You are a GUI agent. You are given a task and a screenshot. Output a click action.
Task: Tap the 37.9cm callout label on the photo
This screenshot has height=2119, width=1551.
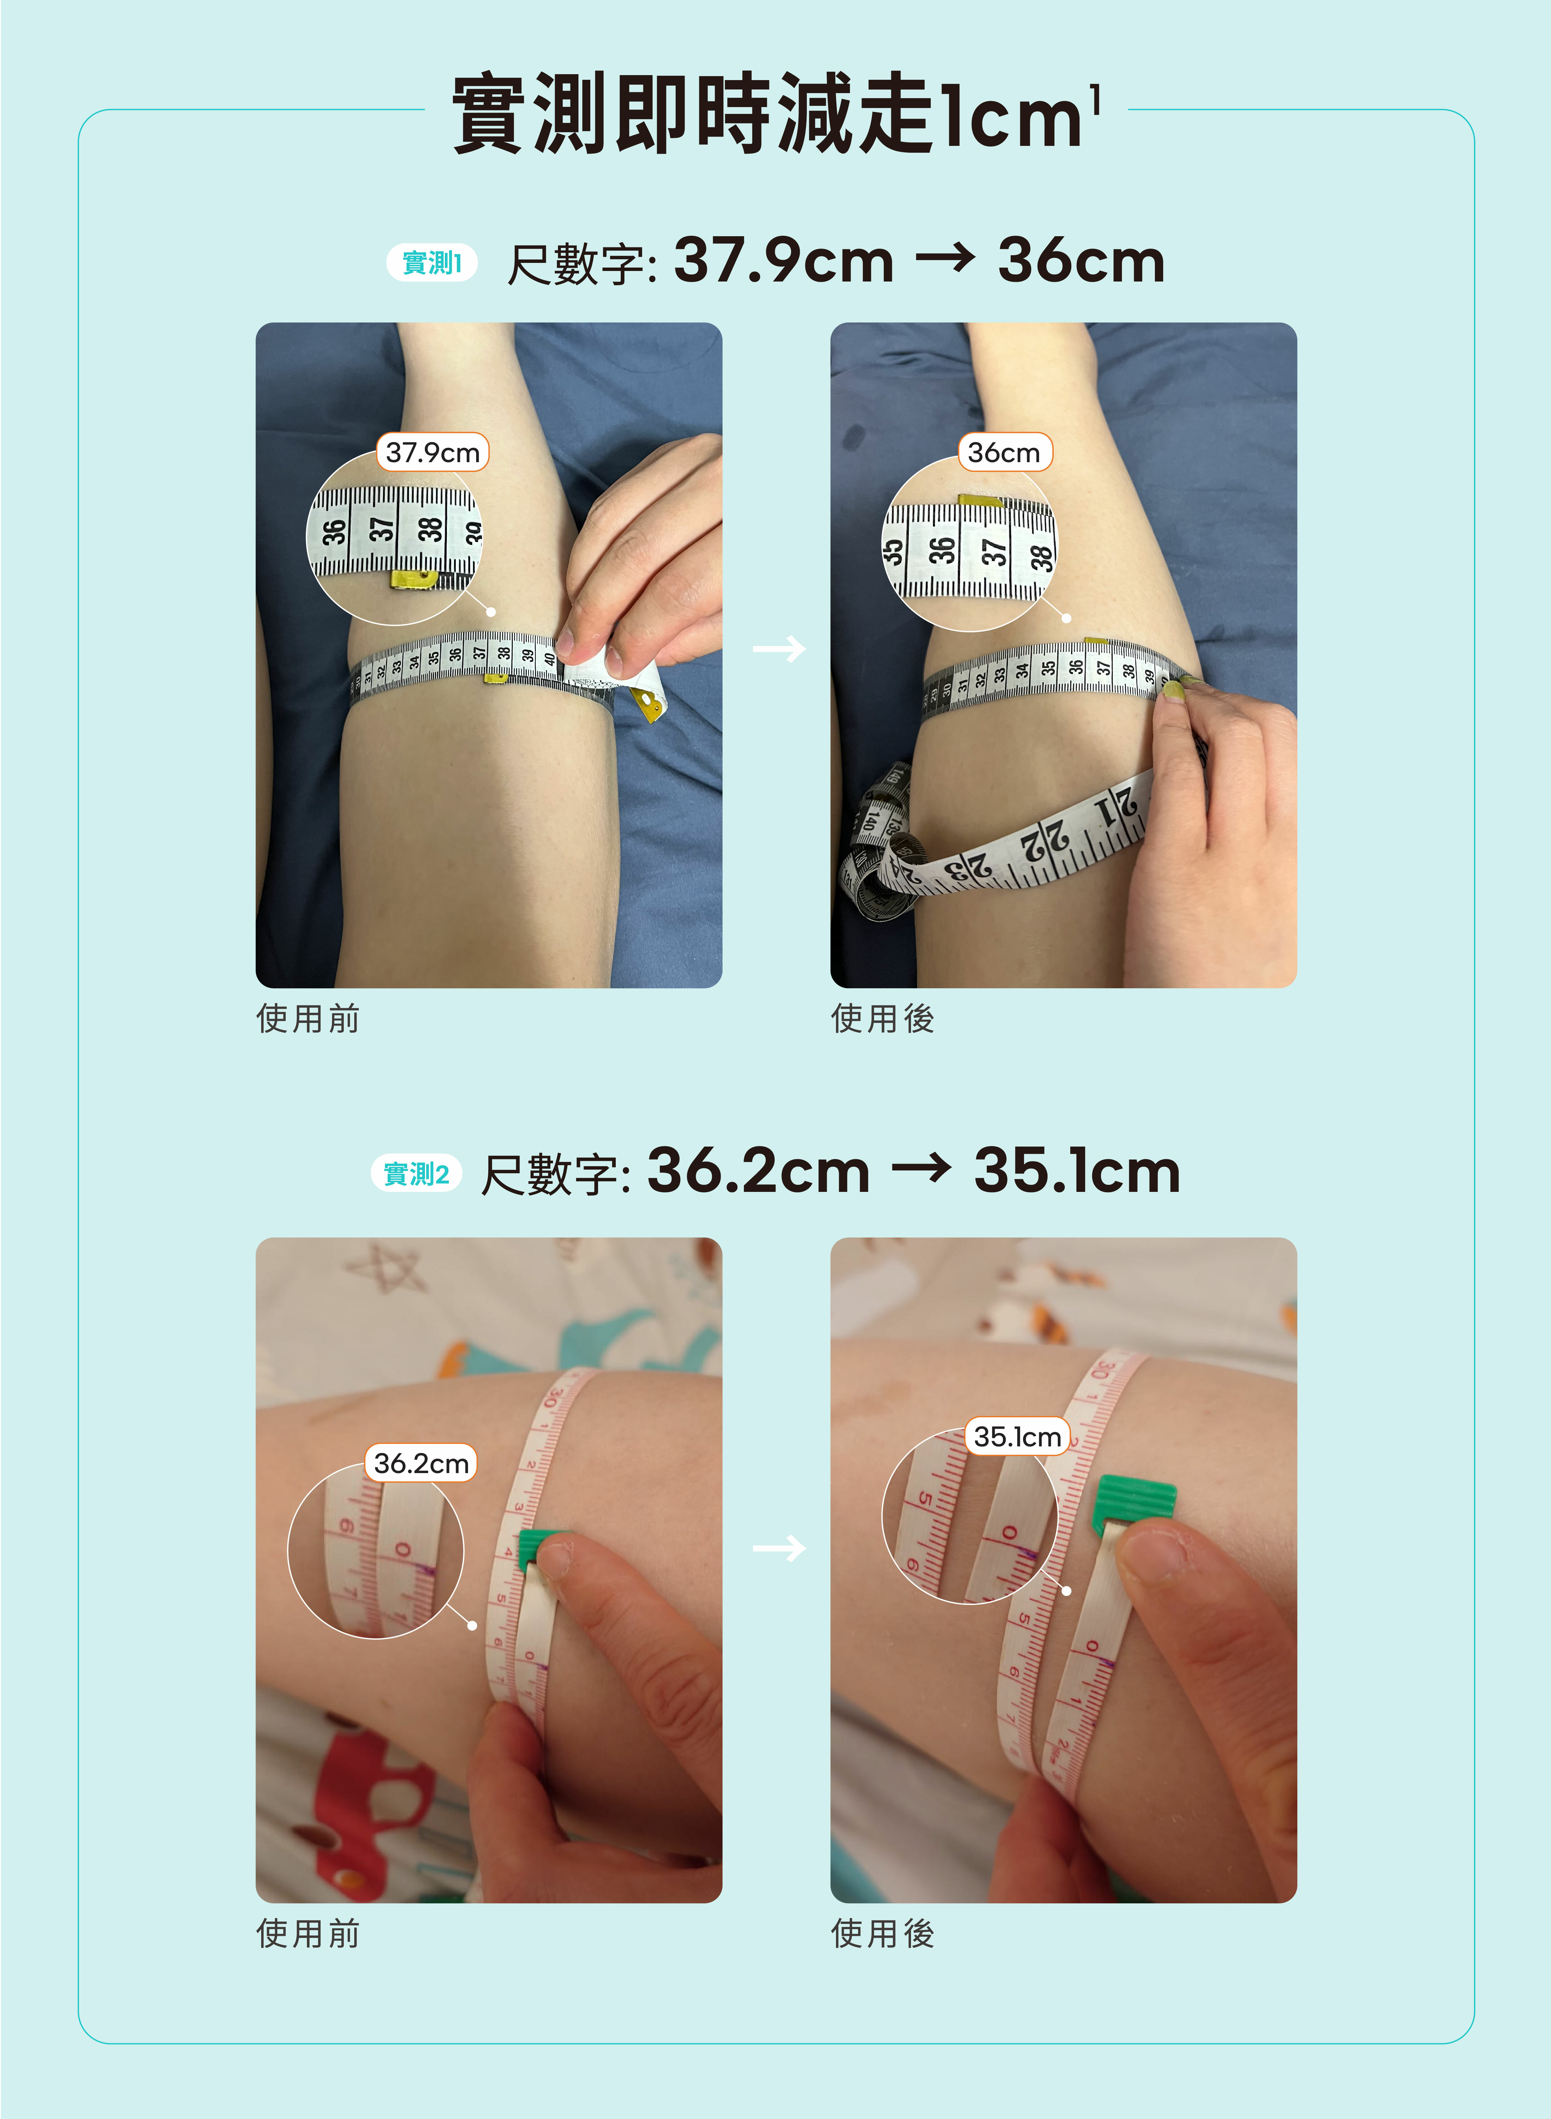coord(433,452)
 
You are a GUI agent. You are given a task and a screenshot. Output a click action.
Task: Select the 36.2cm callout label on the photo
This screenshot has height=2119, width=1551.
coord(421,1463)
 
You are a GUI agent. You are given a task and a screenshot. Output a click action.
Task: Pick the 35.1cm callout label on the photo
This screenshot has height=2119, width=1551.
coord(1017,1436)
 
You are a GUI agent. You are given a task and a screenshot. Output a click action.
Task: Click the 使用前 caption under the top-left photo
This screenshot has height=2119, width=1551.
coord(308,1018)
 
